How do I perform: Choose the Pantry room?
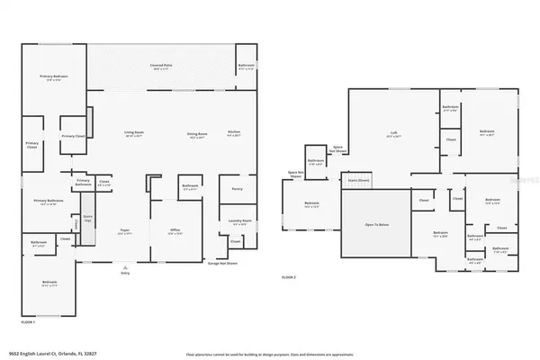[238, 189]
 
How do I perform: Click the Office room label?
[175, 231]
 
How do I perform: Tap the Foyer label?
[126, 231]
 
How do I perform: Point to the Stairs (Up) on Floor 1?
[87, 219]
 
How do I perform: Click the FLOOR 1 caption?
[29, 321]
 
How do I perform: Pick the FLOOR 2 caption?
[289, 276]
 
